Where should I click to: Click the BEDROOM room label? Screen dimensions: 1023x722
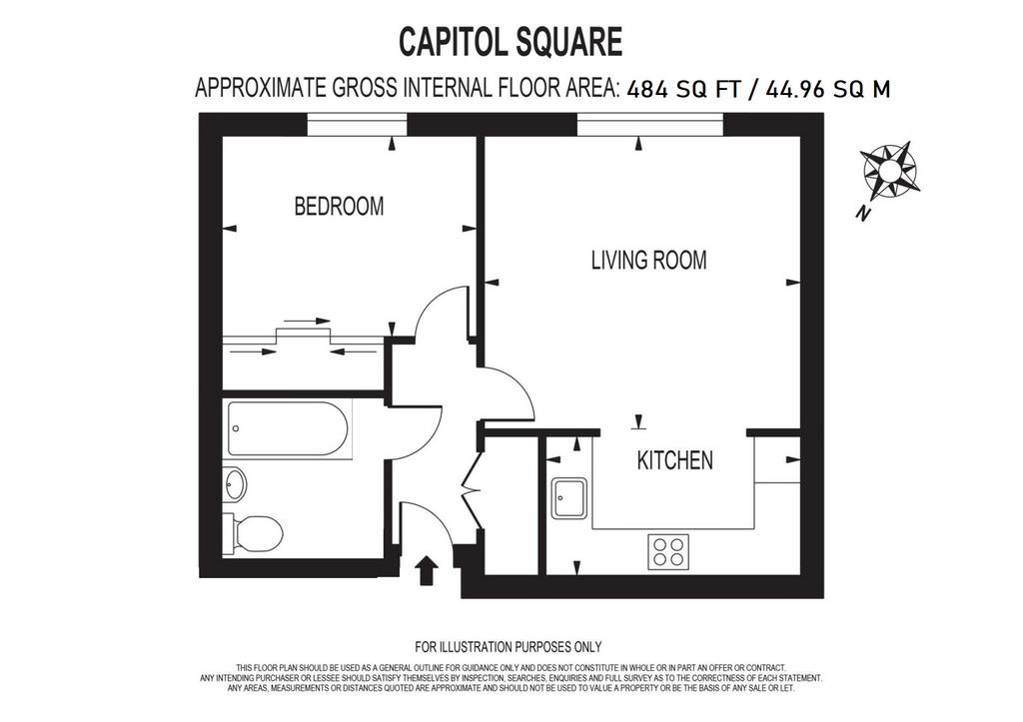339,207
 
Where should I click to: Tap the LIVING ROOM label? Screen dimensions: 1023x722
648,261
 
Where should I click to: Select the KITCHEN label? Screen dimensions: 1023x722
674,460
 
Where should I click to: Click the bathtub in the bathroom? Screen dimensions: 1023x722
288,428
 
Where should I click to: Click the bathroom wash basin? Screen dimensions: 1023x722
235,484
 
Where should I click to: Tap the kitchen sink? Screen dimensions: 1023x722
568,498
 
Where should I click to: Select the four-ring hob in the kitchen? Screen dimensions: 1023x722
668,551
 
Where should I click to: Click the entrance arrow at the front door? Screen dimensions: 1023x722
427,570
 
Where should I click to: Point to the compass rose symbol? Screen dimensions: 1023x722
890,171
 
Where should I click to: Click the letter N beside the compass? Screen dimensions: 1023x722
864,214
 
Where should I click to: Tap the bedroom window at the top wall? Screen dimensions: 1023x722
357,125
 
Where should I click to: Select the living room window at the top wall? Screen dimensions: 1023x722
649,125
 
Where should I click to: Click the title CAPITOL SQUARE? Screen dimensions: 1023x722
511,42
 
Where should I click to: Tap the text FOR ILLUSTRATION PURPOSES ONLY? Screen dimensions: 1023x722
509,647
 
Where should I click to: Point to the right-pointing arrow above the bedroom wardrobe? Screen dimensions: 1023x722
308,321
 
